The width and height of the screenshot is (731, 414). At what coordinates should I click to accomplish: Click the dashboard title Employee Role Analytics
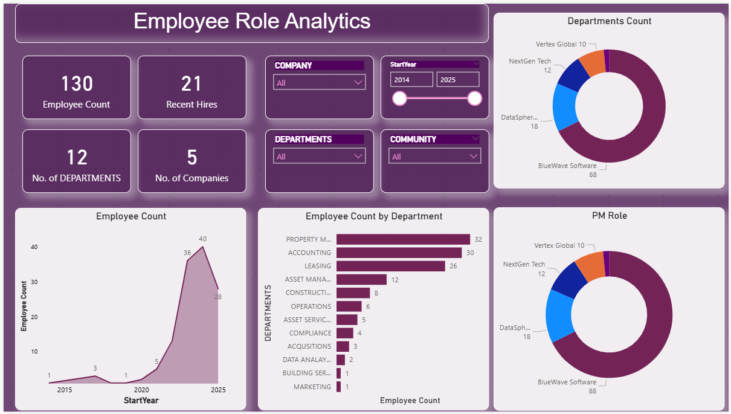(x=251, y=22)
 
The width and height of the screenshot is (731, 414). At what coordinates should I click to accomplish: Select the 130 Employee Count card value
(x=77, y=83)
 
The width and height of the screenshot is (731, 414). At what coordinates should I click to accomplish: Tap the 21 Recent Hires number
(x=192, y=83)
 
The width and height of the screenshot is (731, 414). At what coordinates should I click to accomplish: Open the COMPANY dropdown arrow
(x=357, y=83)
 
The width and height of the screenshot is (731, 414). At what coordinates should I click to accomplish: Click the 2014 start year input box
(x=411, y=80)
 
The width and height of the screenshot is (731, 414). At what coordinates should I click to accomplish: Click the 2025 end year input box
(x=457, y=80)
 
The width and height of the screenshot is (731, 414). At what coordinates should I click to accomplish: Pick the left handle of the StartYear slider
(x=399, y=99)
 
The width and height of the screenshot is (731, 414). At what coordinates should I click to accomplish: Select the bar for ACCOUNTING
(x=399, y=253)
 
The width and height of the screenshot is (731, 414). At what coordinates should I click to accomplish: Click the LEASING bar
(x=390, y=266)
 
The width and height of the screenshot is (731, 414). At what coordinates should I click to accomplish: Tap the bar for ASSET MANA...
(x=361, y=279)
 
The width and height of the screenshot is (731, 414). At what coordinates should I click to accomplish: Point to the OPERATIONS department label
(x=311, y=306)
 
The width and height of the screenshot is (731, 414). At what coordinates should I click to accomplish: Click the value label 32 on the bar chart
(x=478, y=240)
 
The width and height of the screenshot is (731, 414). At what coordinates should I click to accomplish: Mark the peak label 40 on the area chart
(x=202, y=239)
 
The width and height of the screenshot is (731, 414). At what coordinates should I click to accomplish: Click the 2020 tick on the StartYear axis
(x=141, y=390)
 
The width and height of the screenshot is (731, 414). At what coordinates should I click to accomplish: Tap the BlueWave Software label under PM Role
(x=567, y=382)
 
